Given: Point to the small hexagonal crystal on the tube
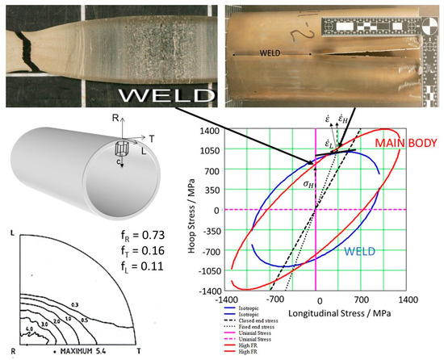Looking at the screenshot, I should [x=123, y=150].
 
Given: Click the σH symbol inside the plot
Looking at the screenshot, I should [x=306, y=184].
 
